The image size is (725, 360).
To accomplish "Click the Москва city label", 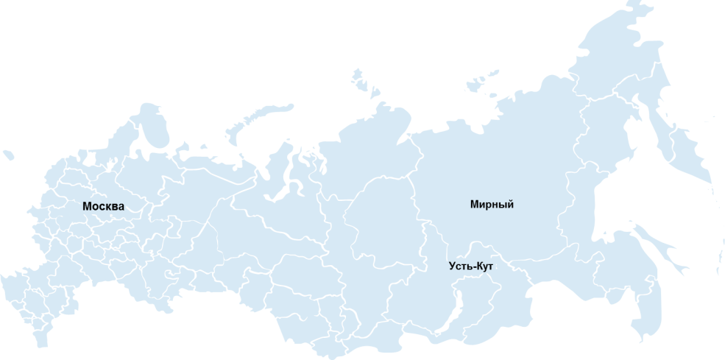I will [x=103, y=206].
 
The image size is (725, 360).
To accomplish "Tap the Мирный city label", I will [x=492, y=205].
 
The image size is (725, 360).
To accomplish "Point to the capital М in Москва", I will [x=88, y=206].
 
